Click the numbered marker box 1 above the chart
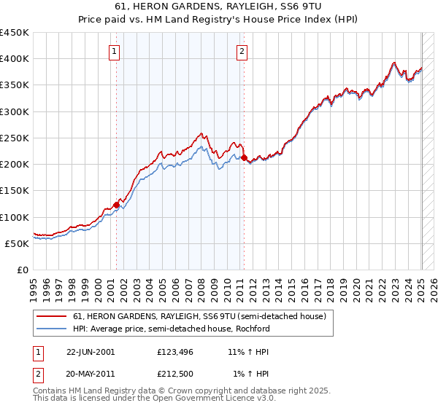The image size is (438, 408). [x=116, y=51]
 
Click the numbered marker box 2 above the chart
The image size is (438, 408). [x=242, y=51]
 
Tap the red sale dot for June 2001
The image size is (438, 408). [x=116, y=205]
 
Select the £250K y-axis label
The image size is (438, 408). [x=15, y=138]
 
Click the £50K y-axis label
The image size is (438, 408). [x=18, y=243]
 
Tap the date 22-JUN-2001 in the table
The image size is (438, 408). [x=91, y=352]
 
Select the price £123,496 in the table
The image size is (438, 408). [x=174, y=352]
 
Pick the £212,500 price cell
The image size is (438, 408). [x=174, y=374]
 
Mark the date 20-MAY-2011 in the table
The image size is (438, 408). [x=91, y=374]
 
